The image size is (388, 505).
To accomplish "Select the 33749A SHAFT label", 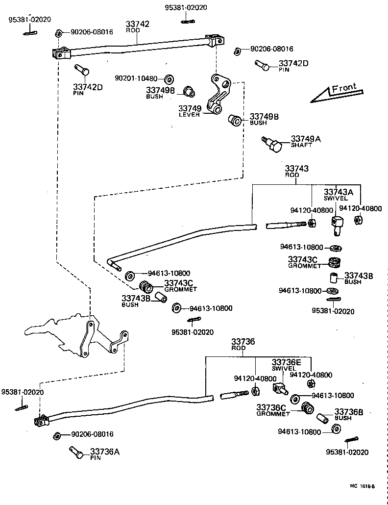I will click(x=306, y=142).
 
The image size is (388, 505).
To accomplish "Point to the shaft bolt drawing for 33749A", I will click(x=273, y=144).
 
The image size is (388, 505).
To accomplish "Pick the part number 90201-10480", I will click(x=136, y=78).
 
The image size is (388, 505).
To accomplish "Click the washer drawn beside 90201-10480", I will click(x=169, y=79).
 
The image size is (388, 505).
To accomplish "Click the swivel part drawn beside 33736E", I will click(x=279, y=389).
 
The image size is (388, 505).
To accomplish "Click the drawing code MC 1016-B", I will click(x=362, y=486).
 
